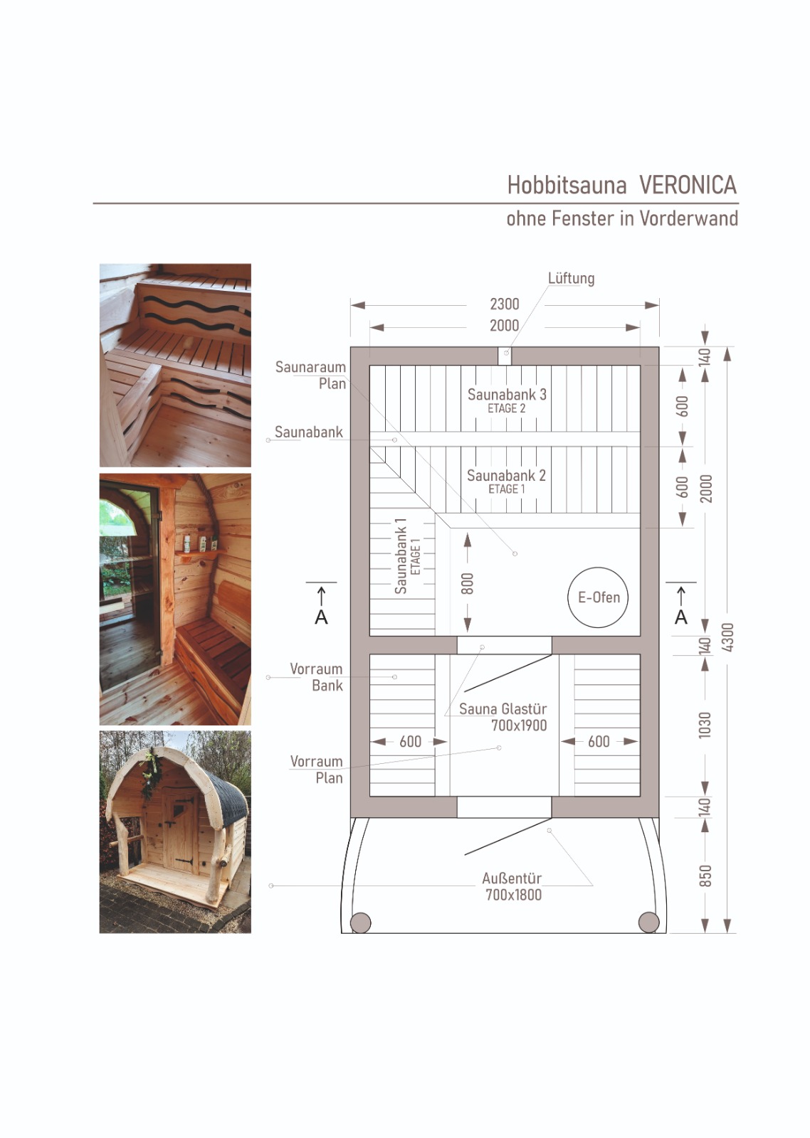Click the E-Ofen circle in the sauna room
(598, 597)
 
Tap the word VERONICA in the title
(688, 186)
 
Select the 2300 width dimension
(505, 304)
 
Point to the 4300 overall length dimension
(727, 637)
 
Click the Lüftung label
(571, 279)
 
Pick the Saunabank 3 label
(507, 395)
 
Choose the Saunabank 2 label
(506, 476)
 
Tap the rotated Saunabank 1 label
(401, 556)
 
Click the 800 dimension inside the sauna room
(467, 583)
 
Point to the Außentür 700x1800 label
(512, 887)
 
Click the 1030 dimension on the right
(705, 725)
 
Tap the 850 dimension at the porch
(705, 876)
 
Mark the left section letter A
(321, 617)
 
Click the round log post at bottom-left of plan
(361, 922)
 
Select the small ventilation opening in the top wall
(505, 356)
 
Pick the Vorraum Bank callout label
(317, 677)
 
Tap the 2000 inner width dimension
(505, 326)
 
